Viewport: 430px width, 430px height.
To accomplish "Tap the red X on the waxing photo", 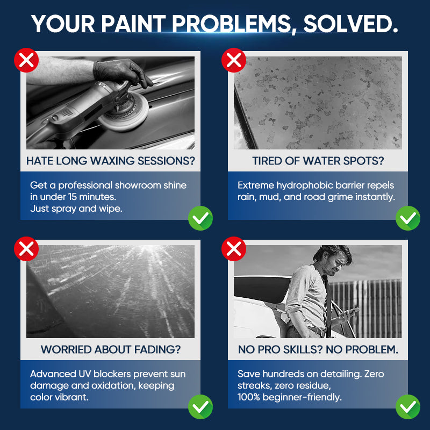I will click(26, 60).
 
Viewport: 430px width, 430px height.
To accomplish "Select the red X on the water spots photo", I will click(234, 60).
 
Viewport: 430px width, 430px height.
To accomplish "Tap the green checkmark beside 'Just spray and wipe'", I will click(200, 218).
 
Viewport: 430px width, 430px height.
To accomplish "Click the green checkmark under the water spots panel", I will click(408, 218).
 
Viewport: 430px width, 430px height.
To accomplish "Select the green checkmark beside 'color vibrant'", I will click(200, 406).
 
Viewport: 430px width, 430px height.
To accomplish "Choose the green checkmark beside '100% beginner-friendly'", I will click(408, 406).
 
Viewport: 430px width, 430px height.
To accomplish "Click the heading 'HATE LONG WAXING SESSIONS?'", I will click(110, 161).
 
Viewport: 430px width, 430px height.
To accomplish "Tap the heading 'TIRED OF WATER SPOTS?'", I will click(318, 161).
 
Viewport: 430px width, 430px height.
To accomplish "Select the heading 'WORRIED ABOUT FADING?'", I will click(110, 349).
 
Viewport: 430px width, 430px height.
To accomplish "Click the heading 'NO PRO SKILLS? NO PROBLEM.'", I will click(318, 349).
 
